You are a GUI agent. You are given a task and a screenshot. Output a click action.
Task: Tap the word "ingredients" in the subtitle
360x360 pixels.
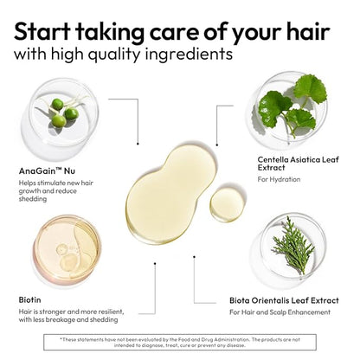(x=189, y=55)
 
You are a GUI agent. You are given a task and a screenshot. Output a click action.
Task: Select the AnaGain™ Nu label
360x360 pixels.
(x=47, y=171)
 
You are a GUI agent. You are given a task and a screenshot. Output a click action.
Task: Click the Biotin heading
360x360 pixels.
(x=29, y=300)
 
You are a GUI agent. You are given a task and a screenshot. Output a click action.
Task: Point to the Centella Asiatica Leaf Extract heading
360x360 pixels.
(x=299, y=164)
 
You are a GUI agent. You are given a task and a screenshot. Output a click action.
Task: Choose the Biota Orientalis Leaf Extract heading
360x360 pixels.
(x=284, y=300)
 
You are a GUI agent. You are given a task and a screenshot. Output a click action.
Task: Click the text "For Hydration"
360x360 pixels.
(x=279, y=179)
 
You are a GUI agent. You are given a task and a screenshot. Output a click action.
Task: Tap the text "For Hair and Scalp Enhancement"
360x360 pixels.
(x=280, y=312)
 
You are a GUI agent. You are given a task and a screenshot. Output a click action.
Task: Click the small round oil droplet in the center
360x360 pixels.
(x=227, y=204)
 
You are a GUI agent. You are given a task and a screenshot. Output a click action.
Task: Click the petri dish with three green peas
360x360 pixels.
(x=61, y=115)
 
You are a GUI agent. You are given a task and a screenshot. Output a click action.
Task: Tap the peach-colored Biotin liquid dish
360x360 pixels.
(x=67, y=248)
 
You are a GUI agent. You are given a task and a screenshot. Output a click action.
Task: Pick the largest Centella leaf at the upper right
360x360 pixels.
(x=311, y=89)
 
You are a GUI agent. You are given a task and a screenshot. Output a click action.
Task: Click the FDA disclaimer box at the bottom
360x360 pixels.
(x=180, y=343)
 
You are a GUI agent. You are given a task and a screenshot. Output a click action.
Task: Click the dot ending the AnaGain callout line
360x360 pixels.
(x=138, y=144)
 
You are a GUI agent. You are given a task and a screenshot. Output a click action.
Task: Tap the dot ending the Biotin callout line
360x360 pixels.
(x=155, y=263)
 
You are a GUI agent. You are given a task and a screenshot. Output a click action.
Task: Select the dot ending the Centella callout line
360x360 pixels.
(x=217, y=145)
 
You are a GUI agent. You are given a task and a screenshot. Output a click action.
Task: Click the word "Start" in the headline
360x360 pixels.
(x=42, y=31)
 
